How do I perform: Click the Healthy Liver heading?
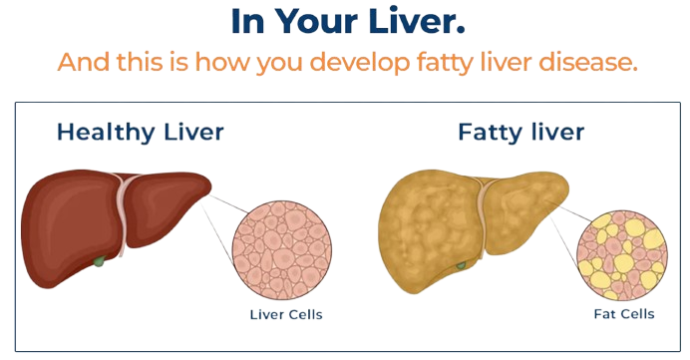[x=140, y=132]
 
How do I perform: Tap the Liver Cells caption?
[x=286, y=316]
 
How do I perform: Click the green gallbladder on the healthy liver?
[x=99, y=262]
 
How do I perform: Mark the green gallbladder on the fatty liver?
[x=460, y=264]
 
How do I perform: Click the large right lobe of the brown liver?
[x=70, y=214]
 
